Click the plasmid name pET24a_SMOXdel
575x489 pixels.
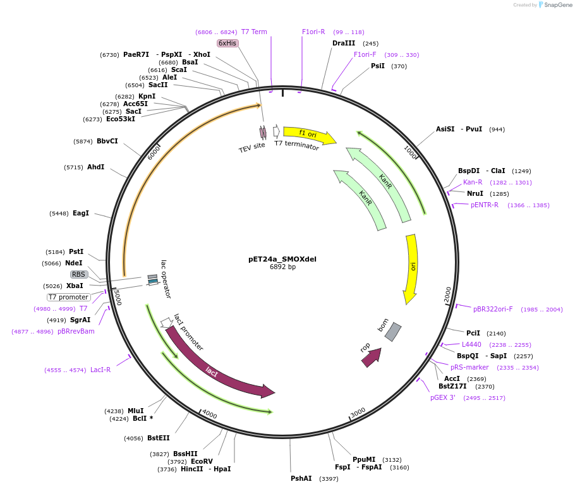pyautogui.click(x=282, y=259)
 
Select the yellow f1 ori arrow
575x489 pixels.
pyautogui.click(x=309, y=134)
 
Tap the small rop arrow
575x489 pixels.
pyautogui.click(x=371, y=357)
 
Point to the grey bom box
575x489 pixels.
pyautogui.click(x=393, y=332)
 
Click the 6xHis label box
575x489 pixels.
pyautogui.click(x=227, y=43)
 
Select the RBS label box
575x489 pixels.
pyautogui.click(x=79, y=274)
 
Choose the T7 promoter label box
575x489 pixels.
pyautogui.click(x=69, y=297)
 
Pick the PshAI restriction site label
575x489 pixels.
pyautogui.click(x=301, y=479)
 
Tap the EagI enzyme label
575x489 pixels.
pyautogui.click(x=81, y=214)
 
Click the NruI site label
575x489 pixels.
pyautogui.click(x=475, y=193)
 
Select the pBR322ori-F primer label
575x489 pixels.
pyautogui.click(x=493, y=309)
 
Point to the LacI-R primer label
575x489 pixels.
pyautogui.click(x=100, y=370)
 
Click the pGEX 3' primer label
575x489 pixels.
pyautogui.click(x=443, y=397)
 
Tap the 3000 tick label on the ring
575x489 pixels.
pyautogui.click(x=358, y=412)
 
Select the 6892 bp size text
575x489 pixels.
pyautogui.click(x=282, y=267)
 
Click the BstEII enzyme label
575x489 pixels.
pyautogui.click(x=158, y=438)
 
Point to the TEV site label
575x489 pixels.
pyautogui.click(x=251, y=148)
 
